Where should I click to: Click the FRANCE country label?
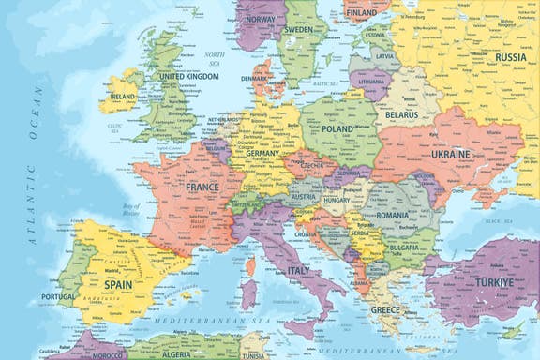tap(202, 187)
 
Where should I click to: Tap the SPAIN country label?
tap(118, 283)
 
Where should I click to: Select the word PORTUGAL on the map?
tap(58, 297)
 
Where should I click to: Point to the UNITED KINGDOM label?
tap(188, 77)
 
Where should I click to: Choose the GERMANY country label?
tap(263, 153)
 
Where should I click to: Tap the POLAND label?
tap(337, 129)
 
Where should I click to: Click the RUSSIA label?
tap(510, 56)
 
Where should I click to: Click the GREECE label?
tap(384, 308)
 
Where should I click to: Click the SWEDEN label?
tap(299, 29)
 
